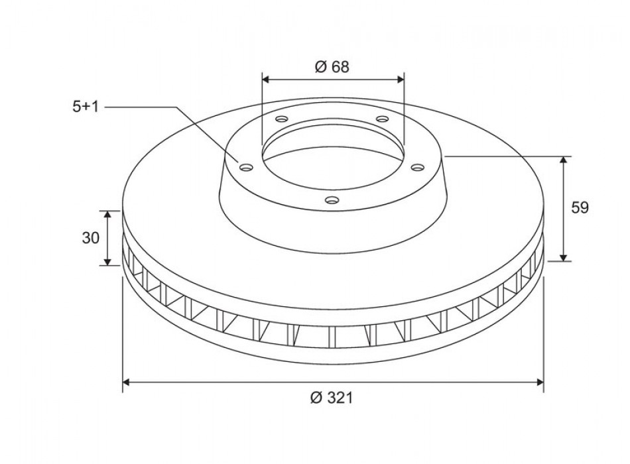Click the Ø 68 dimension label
[x=332, y=66]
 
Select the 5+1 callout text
[x=86, y=106]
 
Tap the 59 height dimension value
[x=580, y=207]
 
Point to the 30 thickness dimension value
[x=91, y=238]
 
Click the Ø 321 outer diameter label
[x=332, y=398]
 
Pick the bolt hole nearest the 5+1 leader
[x=246, y=167]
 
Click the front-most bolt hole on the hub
[x=332, y=198]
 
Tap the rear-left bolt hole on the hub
[x=281, y=119]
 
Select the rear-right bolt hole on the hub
[x=382, y=119]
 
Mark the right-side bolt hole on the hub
[x=417, y=167]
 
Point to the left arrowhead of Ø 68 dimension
[x=266, y=79]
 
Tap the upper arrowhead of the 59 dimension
[x=564, y=161]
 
